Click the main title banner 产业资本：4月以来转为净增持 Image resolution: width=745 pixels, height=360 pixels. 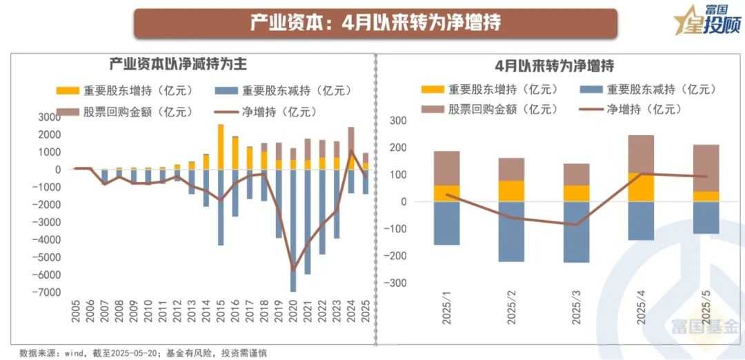click(x=375, y=23)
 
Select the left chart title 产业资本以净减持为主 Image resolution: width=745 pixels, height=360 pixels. click(x=178, y=64)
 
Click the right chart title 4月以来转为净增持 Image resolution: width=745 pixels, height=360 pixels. click(x=554, y=66)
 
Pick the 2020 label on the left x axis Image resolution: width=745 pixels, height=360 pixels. click(x=293, y=314)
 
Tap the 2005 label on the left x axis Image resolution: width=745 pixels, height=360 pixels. click(x=76, y=314)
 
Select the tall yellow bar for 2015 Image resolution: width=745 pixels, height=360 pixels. click(x=221, y=147)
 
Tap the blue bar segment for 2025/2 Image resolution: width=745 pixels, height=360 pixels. click(x=511, y=231)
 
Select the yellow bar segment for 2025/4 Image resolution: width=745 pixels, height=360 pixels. click(x=641, y=187)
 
